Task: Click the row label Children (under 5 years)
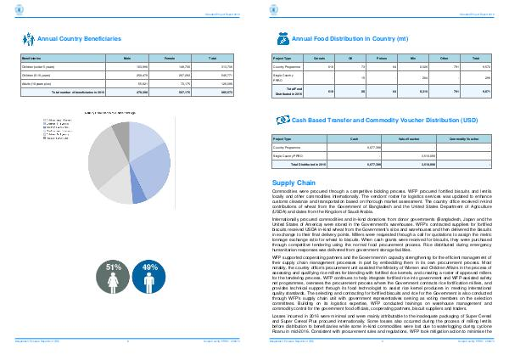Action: (38, 65)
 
